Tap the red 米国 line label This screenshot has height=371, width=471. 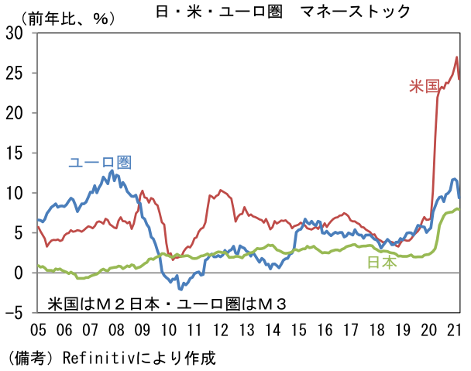click(424, 86)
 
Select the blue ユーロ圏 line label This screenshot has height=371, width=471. click(99, 163)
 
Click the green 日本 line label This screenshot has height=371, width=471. click(381, 263)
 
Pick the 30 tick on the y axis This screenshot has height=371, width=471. click(15, 33)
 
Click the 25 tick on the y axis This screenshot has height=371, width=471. click(15, 73)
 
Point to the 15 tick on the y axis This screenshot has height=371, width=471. click(15, 153)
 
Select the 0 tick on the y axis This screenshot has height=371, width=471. click(19, 273)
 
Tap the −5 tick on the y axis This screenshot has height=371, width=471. click(15, 313)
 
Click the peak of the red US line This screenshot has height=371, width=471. click(456, 57)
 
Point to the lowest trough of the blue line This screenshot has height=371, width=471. click(180, 288)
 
